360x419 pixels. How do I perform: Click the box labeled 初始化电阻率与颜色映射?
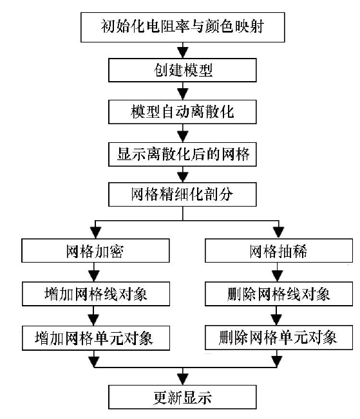[183, 27]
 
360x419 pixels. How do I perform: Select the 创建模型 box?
[182, 70]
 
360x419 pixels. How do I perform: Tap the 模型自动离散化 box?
[182, 112]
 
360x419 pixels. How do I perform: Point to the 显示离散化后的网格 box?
[182, 154]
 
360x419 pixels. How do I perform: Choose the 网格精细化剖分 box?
[182, 194]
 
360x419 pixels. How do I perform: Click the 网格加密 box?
[95, 250]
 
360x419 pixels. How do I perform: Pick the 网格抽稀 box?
[279, 250]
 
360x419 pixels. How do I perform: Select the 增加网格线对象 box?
[96, 293]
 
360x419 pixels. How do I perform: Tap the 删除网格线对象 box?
[279, 293]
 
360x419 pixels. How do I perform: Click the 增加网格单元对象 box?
[96, 338]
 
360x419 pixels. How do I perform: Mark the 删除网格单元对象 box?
[279, 337]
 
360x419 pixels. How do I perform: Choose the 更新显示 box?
[182, 397]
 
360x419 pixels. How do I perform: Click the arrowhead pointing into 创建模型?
[183, 53]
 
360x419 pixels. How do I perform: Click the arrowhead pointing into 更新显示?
[183, 379]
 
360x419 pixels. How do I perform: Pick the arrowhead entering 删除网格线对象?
[277, 276]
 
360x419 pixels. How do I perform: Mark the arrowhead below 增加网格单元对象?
[94, 362]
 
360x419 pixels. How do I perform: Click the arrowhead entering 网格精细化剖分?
[183, 176]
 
